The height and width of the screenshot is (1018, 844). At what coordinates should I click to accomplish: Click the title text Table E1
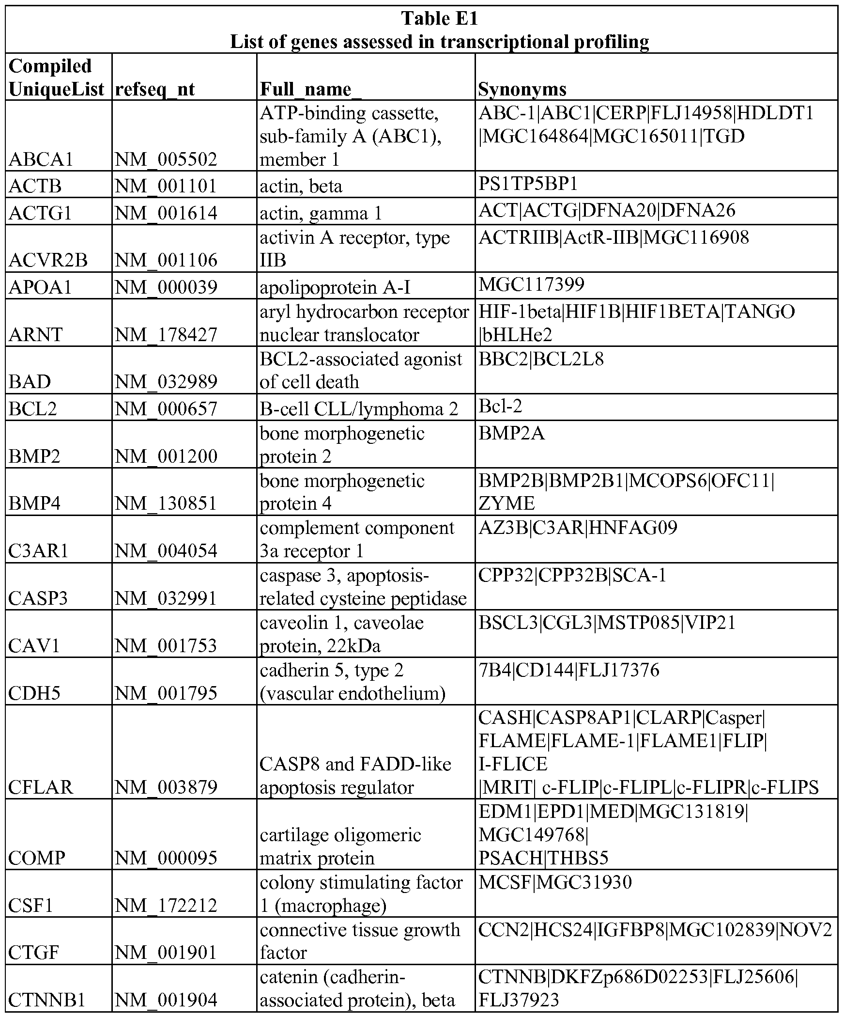pos(440,18)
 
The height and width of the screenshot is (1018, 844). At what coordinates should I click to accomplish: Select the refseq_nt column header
pos(155,89)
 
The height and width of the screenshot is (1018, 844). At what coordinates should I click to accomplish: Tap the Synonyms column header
pos(522,89)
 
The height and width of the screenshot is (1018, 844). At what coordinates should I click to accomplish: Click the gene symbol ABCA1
pos(41,159)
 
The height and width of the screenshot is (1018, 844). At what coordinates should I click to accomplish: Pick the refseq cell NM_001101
pos(166,186)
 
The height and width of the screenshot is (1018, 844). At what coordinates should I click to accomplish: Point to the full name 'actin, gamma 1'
pos(321,213)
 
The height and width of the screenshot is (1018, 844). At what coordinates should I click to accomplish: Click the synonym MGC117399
pos(532,284)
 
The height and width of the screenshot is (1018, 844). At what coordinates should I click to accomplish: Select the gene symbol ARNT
pos(36,335)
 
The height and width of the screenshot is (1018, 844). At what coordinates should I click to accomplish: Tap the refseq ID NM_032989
pos(166,382)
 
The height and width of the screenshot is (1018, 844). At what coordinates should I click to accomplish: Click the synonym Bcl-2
pos(501,406)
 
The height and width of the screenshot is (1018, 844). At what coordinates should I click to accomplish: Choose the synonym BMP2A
pos(511,433)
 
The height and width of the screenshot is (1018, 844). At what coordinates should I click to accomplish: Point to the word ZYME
pos(506,503)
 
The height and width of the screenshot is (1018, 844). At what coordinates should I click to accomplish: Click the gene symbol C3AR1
pos(39,551)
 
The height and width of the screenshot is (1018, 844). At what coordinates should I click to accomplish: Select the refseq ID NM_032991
pos(166,598)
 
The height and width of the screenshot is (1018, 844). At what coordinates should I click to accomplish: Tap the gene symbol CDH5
pos(34,693)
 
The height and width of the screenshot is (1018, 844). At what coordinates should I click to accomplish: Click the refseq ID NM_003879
pos(166,787)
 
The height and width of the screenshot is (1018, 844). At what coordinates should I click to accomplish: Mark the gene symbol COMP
pos(37,859)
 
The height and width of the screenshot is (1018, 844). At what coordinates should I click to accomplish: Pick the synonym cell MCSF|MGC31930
pos(555,882)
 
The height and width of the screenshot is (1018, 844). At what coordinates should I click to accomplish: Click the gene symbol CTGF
pos(34,953)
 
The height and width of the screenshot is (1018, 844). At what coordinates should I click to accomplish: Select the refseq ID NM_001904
pos(166,1000)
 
